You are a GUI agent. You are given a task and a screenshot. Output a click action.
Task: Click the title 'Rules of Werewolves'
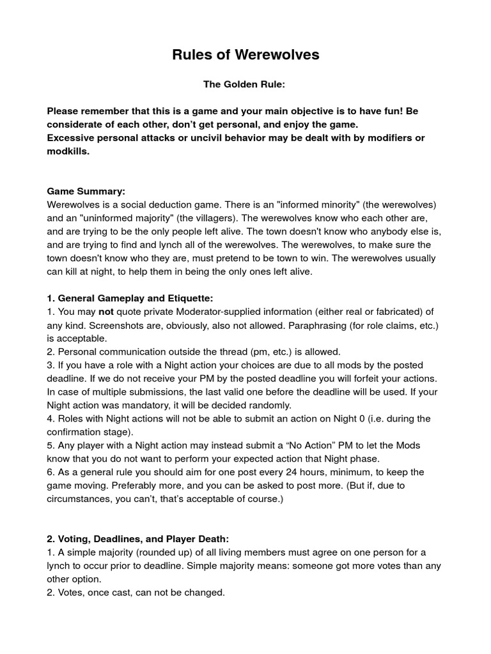tap(245, 56)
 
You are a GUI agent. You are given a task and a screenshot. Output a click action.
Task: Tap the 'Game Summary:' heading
tap(86, 191)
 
